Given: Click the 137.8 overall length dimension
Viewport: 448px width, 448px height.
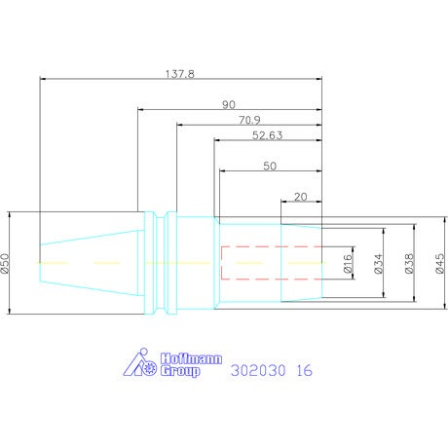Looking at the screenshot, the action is click(x=180, y=74).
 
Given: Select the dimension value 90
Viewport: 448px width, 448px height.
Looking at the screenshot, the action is click(x=229, y=105).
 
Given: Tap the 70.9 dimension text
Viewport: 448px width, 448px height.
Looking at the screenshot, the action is click(x=249, y=120).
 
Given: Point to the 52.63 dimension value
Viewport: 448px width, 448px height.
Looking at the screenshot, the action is click(x=267, y=135).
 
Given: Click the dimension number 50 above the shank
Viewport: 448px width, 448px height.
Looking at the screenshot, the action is click(x=270, y=167).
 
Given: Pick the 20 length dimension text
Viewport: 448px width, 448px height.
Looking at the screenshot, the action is click(x=300, y=197).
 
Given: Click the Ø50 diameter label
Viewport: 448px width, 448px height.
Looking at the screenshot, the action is click(x=5, y=263).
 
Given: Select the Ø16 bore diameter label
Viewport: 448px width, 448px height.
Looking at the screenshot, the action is click(x=348, y=263).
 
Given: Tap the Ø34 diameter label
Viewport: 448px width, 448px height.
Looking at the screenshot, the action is click(x=379, y=263).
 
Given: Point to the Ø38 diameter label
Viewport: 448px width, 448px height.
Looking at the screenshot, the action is click(x=409, y=263).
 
